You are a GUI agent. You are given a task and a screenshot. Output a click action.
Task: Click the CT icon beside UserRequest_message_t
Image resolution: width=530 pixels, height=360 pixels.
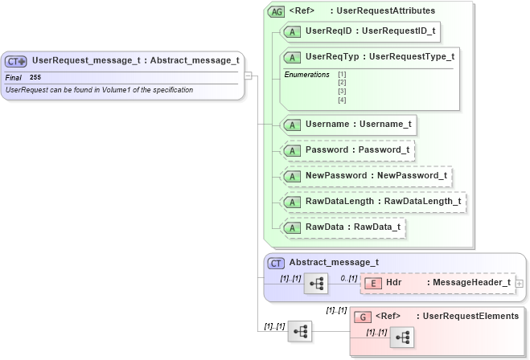click(16, 61)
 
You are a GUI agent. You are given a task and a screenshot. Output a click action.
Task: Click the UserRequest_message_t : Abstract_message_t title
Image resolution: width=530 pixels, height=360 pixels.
click(135, 60)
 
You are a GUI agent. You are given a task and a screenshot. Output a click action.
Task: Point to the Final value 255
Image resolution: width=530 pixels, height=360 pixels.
click(35, 77)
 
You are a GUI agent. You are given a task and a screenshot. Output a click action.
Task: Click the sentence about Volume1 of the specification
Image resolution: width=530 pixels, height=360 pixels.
click(99, 90)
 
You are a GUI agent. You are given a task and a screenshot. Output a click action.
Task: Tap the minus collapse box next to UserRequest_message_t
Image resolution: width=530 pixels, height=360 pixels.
click(249, 76)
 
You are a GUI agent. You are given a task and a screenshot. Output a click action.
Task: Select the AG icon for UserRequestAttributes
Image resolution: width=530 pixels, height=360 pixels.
click(277, 11)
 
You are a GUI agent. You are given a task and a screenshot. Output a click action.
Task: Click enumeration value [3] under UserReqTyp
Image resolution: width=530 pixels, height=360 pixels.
click(342, 91)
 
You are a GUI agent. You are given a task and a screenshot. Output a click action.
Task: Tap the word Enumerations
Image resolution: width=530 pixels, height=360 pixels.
click(306, 75)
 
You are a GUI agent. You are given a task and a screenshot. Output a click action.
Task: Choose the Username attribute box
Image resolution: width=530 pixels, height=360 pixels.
click(347, 125)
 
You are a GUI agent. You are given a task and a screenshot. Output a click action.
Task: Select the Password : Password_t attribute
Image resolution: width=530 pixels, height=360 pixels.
click(347, 150)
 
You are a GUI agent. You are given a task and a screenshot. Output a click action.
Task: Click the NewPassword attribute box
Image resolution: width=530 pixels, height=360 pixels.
click(366, 176)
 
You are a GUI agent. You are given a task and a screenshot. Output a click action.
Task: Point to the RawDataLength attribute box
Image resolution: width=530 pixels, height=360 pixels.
click(373, 202)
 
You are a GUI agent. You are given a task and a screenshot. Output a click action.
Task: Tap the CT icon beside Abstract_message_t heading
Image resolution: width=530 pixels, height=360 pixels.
click(276, 262)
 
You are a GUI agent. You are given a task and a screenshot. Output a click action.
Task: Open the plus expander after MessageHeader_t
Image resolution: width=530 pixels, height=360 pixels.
click(519, 283)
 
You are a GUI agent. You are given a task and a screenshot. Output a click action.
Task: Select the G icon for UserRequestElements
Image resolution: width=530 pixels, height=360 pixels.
click(363, 317)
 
